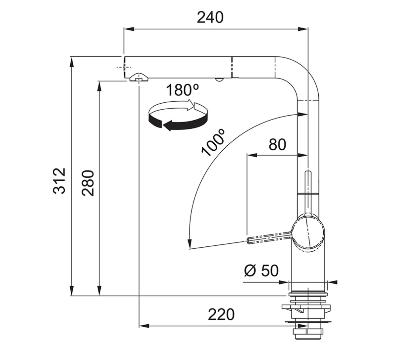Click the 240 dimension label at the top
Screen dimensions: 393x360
pos(210,18)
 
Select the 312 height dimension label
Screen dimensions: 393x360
pos(59,181)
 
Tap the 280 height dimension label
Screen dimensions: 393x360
pos(88,183)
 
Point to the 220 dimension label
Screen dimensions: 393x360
pos(221,314)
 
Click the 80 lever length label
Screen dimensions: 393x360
pos(277,145)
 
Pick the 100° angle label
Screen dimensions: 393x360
pos(213,143)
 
